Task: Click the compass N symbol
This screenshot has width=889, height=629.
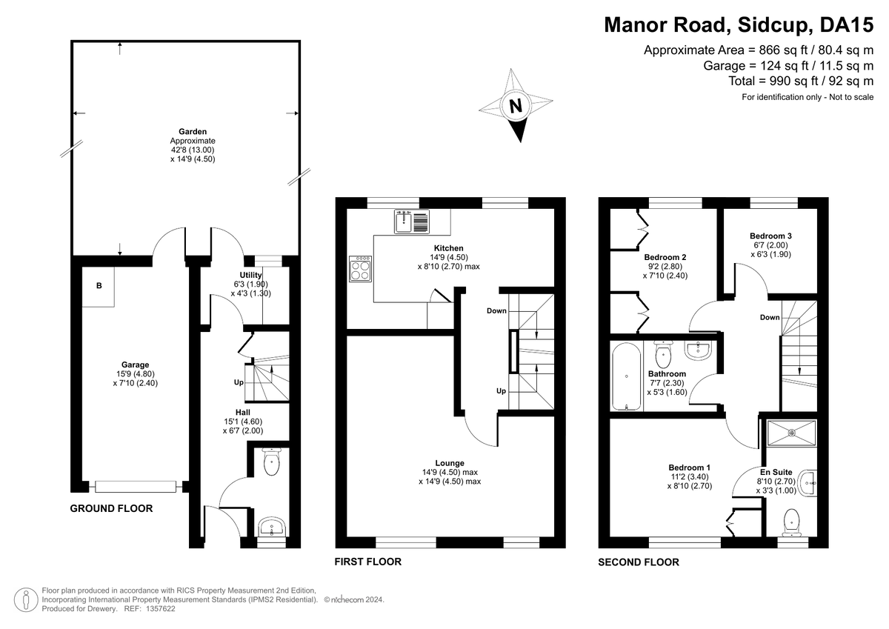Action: tap(516, 105)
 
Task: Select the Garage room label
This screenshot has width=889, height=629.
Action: tap(136, 365)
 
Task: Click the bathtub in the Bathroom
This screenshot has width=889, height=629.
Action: tap(627, 376)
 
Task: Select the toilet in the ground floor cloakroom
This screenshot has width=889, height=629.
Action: tap(271, 464)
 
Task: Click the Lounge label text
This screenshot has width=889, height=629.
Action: tap(450, 463)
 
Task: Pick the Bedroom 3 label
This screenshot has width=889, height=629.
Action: tap(770, 236)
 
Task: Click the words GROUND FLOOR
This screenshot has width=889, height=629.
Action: tap(111, 509)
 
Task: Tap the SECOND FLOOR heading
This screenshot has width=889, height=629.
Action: tap(639, 562)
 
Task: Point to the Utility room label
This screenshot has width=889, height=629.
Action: tap(250, 275)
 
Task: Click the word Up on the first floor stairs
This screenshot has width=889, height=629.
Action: tap(502, 390)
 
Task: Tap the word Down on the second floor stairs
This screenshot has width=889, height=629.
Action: tap(769, 317)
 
